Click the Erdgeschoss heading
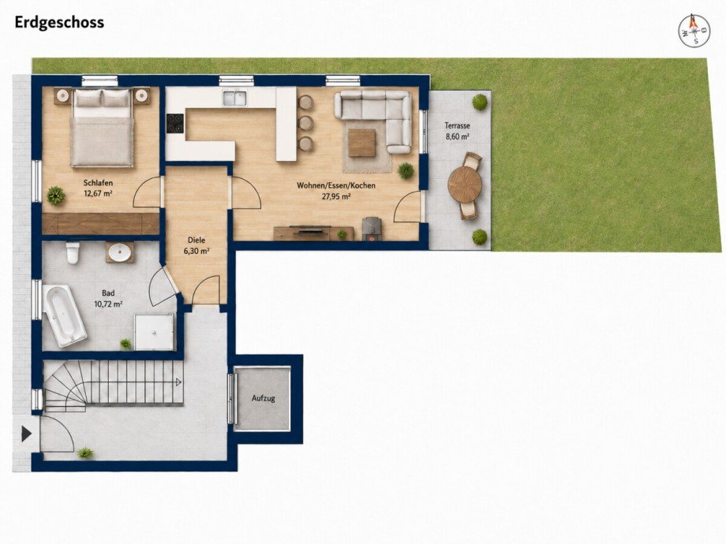[x=59, y=23]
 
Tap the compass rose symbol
[x=694, y=31]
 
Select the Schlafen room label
[x=98, y=183]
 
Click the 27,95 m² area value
[x=336, y=196]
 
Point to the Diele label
[x=196, y=240]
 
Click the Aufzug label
[x=264, y=398]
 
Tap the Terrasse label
[x=458, y=125]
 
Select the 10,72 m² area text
[x=108, y=304]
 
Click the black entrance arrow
[x=26, y=434]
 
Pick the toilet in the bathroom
[x=73, y=252]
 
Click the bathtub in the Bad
[x=65, y=316]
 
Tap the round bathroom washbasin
[x=120, y=252]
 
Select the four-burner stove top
[x=175, y=124]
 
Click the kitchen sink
[x=234, y=98]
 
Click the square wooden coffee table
[x=362, y=143]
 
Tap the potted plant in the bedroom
[x=56, y=196]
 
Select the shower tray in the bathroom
[x=155, y=331]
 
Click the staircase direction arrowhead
[x=178, y=382]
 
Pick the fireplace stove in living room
[x=371, y=229]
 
